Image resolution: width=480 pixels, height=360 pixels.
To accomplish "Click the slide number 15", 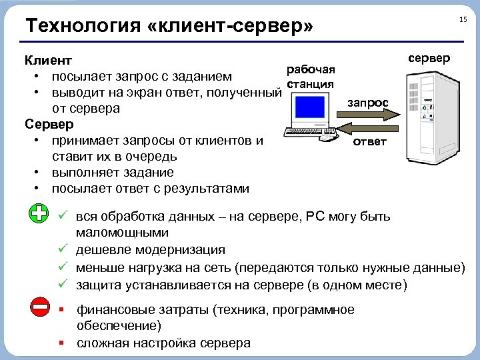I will click(463, 20).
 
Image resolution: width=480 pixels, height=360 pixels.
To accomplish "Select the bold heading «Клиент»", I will click(48, 61).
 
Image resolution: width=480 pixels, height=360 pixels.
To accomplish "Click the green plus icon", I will click(40, 215).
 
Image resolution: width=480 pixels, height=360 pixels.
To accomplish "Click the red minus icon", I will click(40, 307).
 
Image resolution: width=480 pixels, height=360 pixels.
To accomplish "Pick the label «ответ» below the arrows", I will click(369, 142).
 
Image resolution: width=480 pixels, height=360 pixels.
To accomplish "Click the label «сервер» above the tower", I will click(429, 59).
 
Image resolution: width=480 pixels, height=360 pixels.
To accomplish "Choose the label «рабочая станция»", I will click(310, 77).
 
